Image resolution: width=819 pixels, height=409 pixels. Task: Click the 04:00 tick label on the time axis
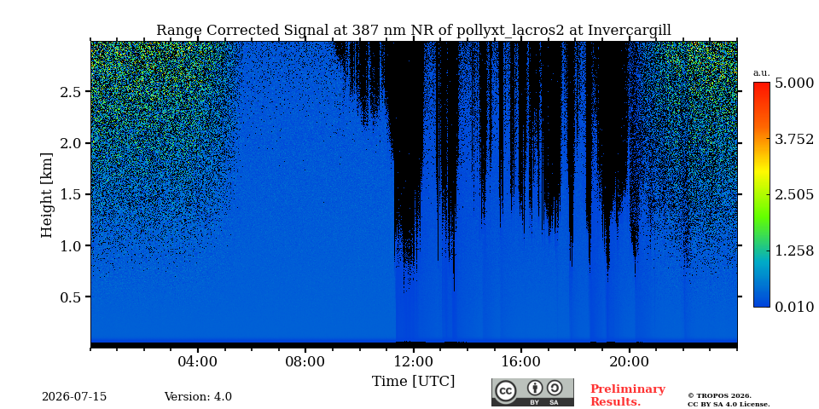[198, 362]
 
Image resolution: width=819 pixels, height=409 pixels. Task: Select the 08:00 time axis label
[305, 362]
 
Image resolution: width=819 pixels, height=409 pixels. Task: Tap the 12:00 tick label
[413, 362]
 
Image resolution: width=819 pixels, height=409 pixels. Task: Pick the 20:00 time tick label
[629, 362]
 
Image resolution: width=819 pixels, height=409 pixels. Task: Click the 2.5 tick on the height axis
[72, 92]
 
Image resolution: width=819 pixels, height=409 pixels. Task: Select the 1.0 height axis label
[72, 245]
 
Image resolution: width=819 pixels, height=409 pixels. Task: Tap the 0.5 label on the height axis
[72, 297]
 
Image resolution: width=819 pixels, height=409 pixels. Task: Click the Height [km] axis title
[47, 195]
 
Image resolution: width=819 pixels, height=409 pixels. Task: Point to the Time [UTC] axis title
[413, 382]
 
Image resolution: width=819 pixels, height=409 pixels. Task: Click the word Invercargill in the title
[630, 31]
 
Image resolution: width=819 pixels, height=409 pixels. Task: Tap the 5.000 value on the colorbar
[794, 84]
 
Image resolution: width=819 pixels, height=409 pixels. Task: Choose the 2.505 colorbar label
[794, 195]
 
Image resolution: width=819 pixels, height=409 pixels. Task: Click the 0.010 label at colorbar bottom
[794, 307]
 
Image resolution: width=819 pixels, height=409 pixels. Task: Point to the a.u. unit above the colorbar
[762, 73]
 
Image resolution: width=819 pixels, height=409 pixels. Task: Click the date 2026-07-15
[74, 397]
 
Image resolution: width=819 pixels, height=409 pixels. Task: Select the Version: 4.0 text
[198, 397]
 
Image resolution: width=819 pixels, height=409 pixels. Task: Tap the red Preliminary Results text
[627, 395]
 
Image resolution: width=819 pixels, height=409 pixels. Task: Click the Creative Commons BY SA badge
[532, 392]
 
